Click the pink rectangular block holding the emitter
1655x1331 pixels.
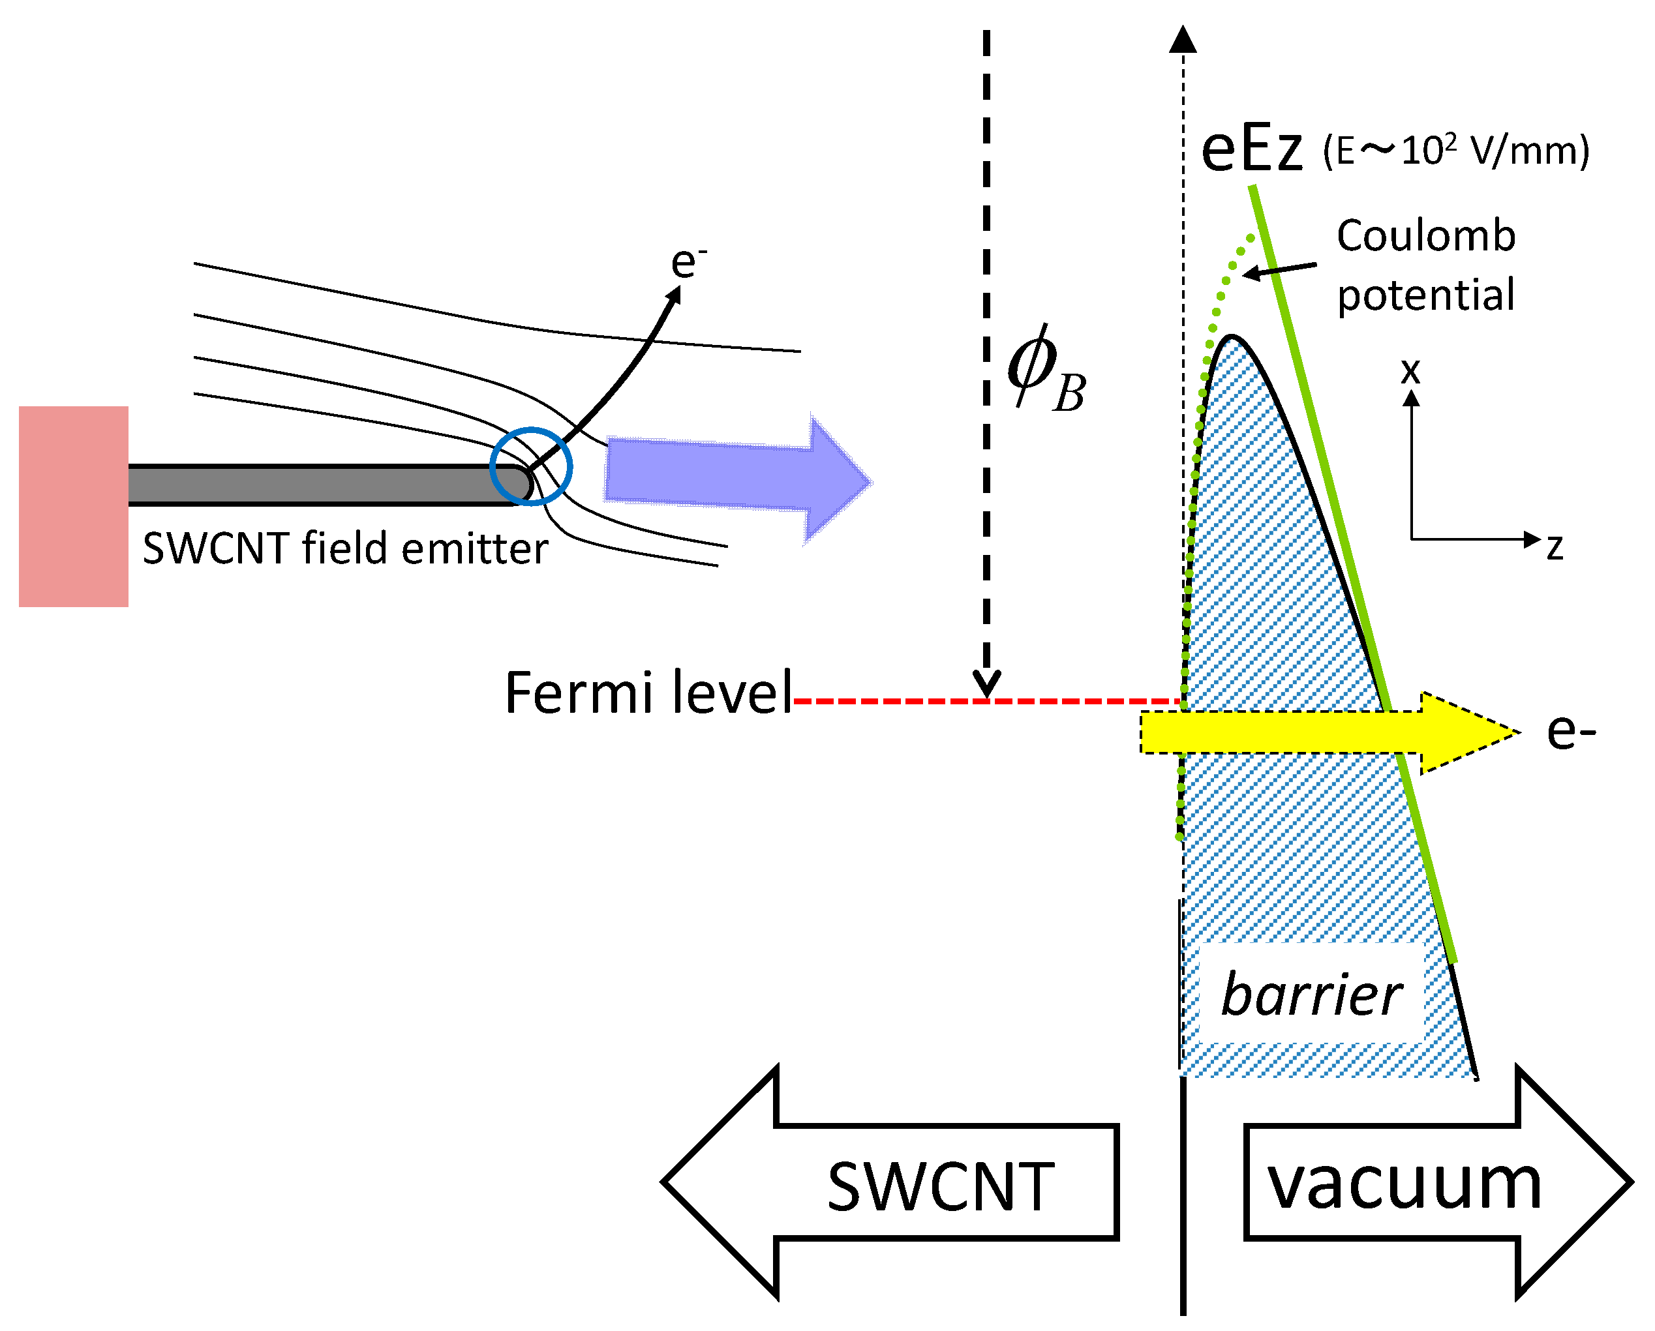point(73,507)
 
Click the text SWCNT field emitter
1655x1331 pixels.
point(346,549)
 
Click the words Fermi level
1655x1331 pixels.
point(648,693)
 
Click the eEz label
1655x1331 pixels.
point(1251,150)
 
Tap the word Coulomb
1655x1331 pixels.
point(1425,235)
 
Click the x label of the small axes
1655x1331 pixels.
point(1410,371)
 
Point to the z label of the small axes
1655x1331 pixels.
point(1555,547)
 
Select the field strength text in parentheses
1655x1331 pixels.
point(1455,151)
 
